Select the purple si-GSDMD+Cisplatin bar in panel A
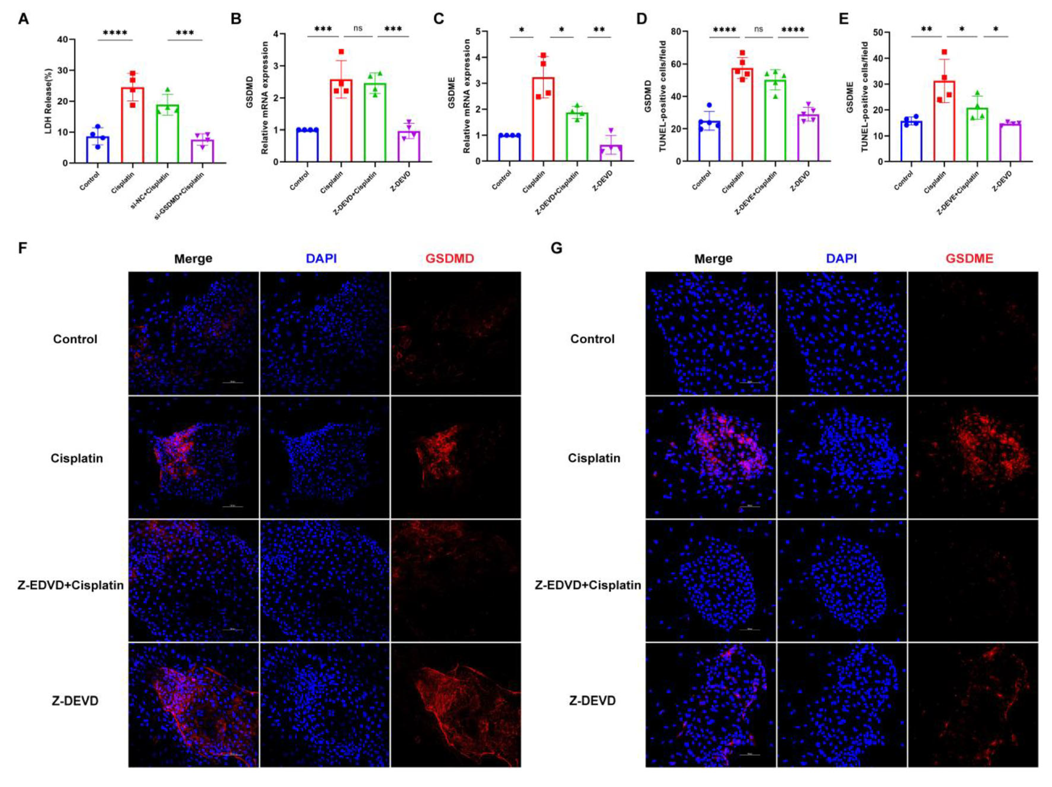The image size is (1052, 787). (202, 151)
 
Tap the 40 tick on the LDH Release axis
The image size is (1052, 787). (62, 40)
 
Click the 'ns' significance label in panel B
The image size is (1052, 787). (358, 29)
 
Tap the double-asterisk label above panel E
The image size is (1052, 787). (926, 30)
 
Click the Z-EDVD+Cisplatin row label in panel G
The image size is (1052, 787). (588, 585)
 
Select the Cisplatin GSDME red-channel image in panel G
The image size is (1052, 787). (972, 457)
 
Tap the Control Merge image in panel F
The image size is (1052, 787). (193, 333)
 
